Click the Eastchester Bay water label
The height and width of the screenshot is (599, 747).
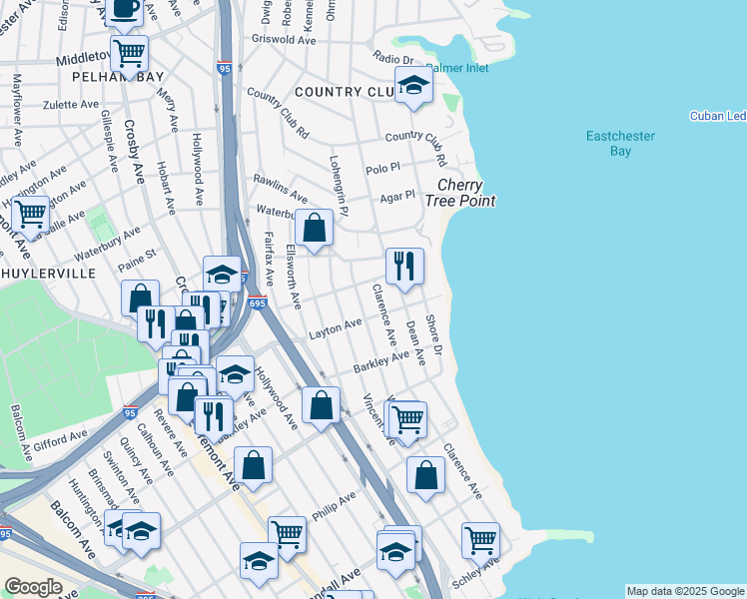pos(621,144)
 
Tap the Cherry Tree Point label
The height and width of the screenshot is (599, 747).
pos(460,193)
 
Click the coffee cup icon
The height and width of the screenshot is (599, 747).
pos(126,9)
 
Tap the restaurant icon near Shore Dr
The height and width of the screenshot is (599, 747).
pos(404,266)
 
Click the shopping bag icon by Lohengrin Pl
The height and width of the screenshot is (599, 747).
pos(314,227)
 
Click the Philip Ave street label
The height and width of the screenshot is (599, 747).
pos(334,504)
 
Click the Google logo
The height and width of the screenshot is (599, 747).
pos(33,587)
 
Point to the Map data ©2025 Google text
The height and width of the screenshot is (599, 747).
pos(685,591)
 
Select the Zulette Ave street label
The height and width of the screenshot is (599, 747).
pos(70,103)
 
